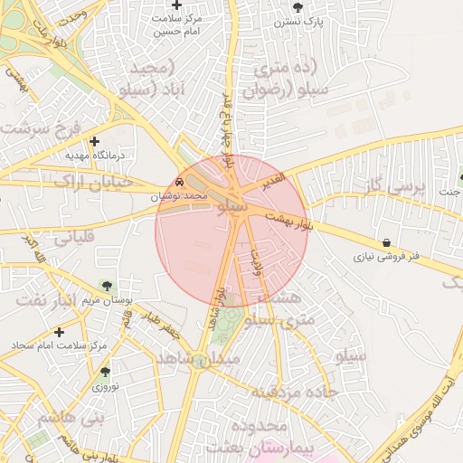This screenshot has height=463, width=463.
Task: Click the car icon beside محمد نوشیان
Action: point(181,183)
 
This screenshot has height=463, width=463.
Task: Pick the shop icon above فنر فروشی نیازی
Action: point(387,242)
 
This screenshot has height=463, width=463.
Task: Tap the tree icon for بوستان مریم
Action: point(109,286)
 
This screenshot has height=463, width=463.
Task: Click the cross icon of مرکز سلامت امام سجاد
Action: point(60,332)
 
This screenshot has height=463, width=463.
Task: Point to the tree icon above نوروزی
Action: point(105,372)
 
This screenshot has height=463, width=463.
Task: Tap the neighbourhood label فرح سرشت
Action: point(42,126)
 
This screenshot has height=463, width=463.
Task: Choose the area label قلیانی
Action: point(78,240)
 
